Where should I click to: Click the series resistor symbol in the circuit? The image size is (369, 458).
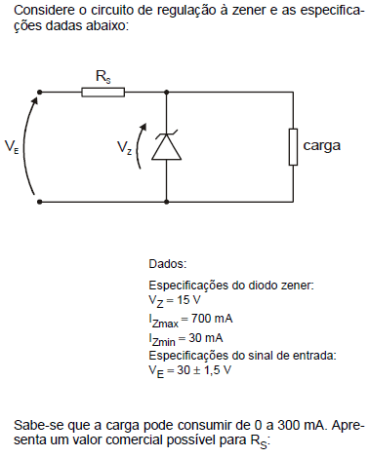point(102,93)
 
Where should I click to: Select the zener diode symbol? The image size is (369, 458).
point(167,146)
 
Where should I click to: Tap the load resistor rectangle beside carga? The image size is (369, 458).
point(292,147)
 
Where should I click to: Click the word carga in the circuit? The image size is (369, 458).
point(321,146)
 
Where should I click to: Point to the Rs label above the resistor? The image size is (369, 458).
point(102,75)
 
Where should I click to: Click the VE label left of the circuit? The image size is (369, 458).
point(12,147)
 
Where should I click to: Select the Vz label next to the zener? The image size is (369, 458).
point(124,148)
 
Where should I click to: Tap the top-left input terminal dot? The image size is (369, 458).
point(41,93)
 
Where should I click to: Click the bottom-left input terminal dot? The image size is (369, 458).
point(41,201)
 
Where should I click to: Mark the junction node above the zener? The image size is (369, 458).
point(167,93)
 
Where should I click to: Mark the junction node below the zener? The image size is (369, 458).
point(167,201)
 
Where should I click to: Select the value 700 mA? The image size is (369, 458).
point(212,319)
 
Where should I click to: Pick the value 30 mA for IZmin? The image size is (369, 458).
point(206,336)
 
